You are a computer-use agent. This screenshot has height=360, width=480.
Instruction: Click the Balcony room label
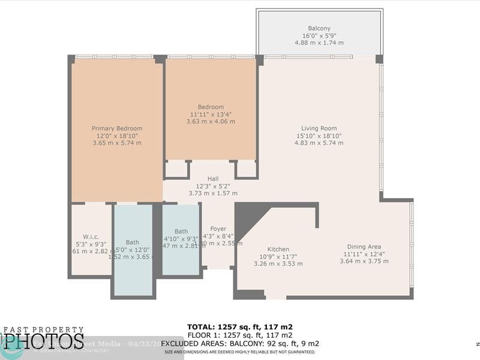pos(319,28)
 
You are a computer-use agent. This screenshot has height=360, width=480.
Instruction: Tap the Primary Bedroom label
pos(117,128)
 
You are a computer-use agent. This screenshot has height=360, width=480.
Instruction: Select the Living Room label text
pos(319,128)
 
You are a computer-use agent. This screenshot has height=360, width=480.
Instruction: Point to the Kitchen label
pos(278,249)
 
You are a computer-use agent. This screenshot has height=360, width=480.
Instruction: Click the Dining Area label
pos(364,247)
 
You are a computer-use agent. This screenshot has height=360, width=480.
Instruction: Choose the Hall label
pos(213,179)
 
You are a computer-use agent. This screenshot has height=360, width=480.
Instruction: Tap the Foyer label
pos(218,229)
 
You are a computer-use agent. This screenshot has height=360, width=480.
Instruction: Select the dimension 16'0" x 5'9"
pos(319,36)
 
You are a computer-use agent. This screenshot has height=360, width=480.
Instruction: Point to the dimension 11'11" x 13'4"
pos(211,114)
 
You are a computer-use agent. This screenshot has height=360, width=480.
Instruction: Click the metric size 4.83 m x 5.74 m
pos(319,143)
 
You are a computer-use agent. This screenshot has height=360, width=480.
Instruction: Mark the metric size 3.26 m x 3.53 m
pos(278,263)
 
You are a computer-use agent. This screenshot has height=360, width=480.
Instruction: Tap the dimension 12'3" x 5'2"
pos(213,186)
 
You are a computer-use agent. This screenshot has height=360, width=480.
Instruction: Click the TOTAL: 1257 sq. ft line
pos(239,327)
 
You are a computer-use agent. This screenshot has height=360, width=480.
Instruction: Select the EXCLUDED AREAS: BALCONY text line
pos(239,344)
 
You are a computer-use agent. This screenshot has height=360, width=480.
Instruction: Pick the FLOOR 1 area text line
pos(239,335)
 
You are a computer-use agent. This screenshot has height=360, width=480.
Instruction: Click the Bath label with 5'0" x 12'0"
pos(133,242)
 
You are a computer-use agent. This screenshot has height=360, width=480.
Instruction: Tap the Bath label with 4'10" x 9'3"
pos(181,231)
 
